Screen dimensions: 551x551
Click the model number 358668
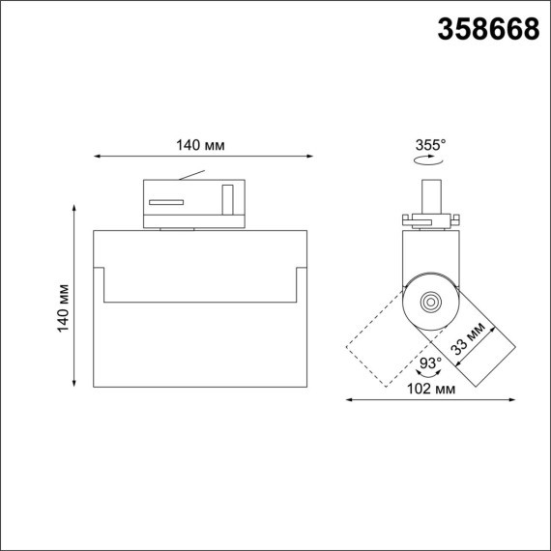[489, 30]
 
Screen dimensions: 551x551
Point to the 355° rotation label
[430, 145]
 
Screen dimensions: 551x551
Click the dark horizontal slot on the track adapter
[165, 201]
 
